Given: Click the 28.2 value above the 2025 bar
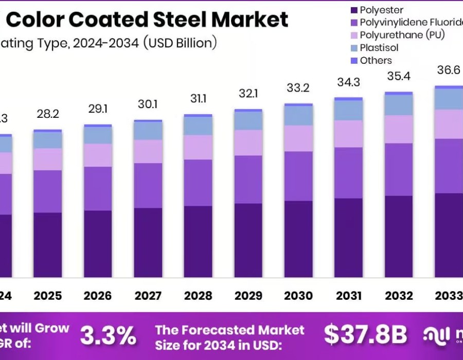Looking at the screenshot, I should pos(47,113).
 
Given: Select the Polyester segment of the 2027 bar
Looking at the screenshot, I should pos(148,242).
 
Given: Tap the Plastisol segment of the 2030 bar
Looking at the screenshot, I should pos(298,116).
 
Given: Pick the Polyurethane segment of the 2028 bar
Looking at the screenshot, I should pos(198,147).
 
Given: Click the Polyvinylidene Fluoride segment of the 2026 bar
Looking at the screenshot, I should pos(98,188).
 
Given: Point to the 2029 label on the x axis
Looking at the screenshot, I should pos(248,296).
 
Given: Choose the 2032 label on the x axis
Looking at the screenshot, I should pos(399,296).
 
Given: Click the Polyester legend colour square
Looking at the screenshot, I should pos(353,10).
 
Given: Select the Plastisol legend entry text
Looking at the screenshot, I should pos(379,48).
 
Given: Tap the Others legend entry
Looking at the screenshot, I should pos(376,60).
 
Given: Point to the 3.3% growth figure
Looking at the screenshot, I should pos(109,335).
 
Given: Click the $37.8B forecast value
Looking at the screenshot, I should pos(365,335).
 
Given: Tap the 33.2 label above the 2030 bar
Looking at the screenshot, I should pos(298,88).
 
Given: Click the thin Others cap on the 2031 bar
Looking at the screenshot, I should pos(348,98).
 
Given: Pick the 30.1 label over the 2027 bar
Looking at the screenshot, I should pos(148,104).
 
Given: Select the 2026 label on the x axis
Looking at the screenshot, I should pos(98,296).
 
